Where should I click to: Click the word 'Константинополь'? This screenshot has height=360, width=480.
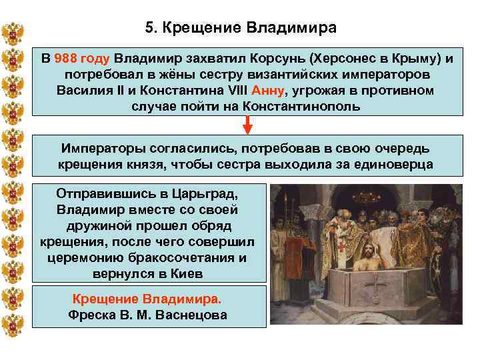click(302, 106)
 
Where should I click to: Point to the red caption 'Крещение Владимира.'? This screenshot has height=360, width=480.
click(147, 299)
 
